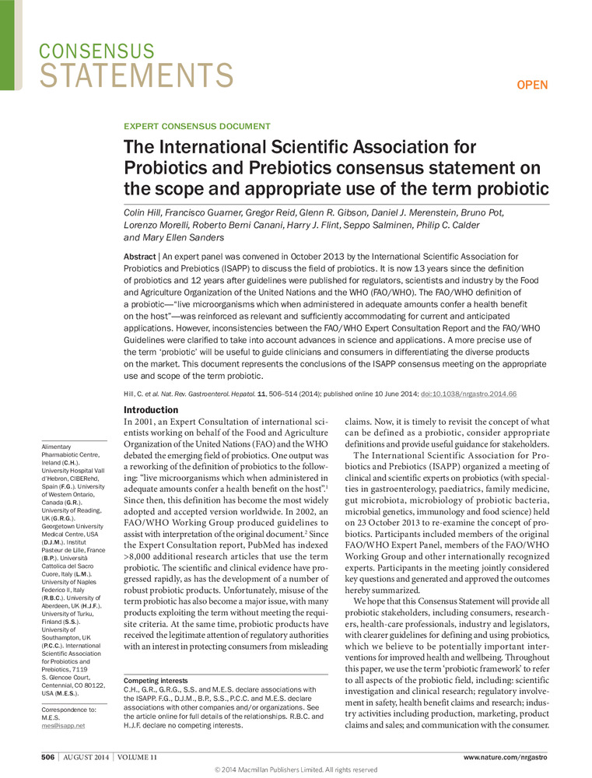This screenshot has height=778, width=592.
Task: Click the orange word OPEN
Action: pyautogui.click(x=533, y=85)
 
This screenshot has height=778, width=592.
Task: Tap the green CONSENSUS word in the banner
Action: pyautogui.click(x=96, y=51)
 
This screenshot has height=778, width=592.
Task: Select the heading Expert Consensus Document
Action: pyautogui.click(x=198, y=126)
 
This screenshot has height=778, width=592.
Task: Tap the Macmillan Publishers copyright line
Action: pyautogui.click(x=296, y=770)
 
